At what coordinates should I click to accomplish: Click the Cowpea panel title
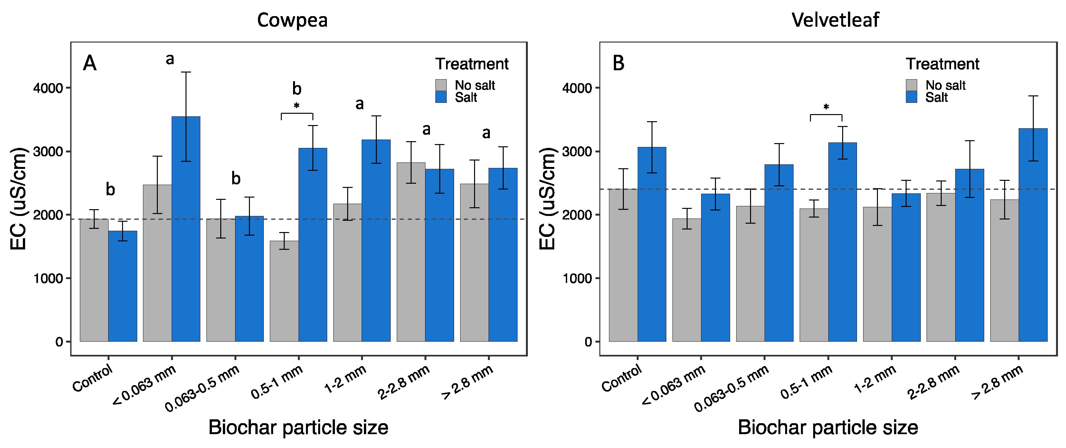pyautogui.click(x=292, y=20)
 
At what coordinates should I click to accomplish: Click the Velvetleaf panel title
pyautogui.click(x=835, y=20)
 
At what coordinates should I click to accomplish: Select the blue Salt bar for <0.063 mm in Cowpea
pyautogui.click(x=186, y=232)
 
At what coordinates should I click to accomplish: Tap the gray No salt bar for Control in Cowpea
pyautogui.click(x=94, y=282)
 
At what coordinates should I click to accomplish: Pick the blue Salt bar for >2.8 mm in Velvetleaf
pyautogui.click(x=1033, y=236)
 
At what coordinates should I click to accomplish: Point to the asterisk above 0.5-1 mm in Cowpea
pyautogui.click(x=297, y=106)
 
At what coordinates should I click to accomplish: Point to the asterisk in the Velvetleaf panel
pyautogui.click(x=826, y=107)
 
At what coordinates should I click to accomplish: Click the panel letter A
pyautogui.click(x=90, y=64)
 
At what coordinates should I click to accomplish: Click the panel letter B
pyautogui.click(x=618, y=64)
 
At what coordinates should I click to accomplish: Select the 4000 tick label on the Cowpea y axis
pyautogui.click(x=48, y=88)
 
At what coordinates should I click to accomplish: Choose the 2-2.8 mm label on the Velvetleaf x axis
pyautogui.click(x=933, y=383)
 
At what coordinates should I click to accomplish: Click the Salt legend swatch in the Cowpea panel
pyautogui.click(x=441, y=97)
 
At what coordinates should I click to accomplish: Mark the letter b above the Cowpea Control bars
pyautogui.click(x=110, y=190)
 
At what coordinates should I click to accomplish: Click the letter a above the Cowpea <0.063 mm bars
pyautogui.click(x=170, y=60)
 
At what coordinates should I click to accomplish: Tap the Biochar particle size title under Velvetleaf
pyautogui.click(x=828, y=427)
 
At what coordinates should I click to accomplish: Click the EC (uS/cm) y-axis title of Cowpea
pyautogui.click(x=19, y=199)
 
